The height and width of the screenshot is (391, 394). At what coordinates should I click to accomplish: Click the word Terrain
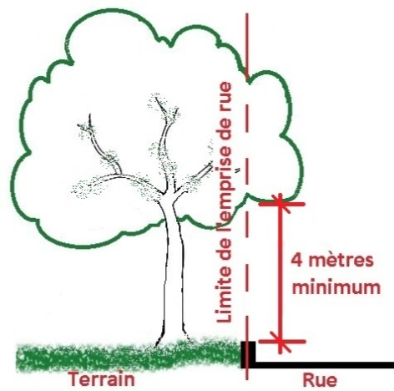[x=102, y=379]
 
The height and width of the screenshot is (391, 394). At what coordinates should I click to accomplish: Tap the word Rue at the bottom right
[x=320, y=380]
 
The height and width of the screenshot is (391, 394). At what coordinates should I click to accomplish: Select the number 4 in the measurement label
[x=297, y=261]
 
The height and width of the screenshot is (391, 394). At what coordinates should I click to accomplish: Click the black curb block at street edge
[x=248, y=354]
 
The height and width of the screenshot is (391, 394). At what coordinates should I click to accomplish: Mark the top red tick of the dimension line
[x=281, y=204]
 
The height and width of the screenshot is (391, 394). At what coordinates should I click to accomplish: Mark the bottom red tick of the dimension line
[x=281, y=342]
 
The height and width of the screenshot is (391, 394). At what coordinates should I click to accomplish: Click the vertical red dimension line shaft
[x=280, y=273]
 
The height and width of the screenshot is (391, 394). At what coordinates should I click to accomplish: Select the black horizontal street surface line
[x=325, y=365]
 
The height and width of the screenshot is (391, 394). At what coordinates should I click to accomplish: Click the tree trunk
[x=173, y=265]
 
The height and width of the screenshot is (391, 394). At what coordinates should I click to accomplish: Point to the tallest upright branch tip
[x=157, y=98]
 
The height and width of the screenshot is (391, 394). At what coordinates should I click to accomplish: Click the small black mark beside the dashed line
[x=237, y=170]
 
